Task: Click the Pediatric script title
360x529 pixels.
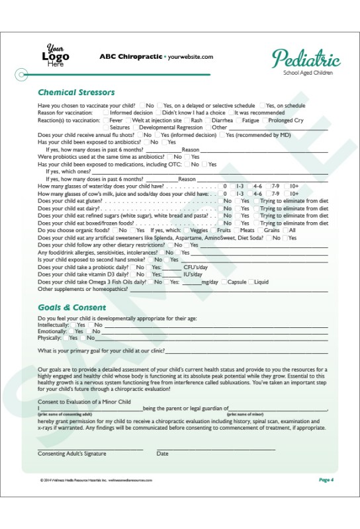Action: (x=306, y=59)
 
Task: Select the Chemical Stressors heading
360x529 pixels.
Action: (x=76, y=93)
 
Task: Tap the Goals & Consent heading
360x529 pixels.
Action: (x=71, y=307)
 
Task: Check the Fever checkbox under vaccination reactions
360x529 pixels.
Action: (x=106, y=120)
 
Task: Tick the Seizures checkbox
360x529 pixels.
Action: (x=106, y=128)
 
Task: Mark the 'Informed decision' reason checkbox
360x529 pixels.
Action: (x=106, y=113)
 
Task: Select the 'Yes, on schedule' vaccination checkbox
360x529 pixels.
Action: (x=262, y=106)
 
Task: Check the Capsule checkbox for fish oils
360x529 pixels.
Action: (x=224, y=282)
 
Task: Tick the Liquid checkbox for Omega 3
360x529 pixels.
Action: (x=251, y=282)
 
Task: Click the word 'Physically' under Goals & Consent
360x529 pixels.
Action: (x=48, y=338)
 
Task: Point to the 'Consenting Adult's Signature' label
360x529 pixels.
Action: (x=72, y=454)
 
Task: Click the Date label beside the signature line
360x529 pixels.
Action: (x=162, y=454)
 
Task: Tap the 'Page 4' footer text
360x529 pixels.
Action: (x=326, y=479)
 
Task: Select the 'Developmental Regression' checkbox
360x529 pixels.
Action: (x=136, y=128)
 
